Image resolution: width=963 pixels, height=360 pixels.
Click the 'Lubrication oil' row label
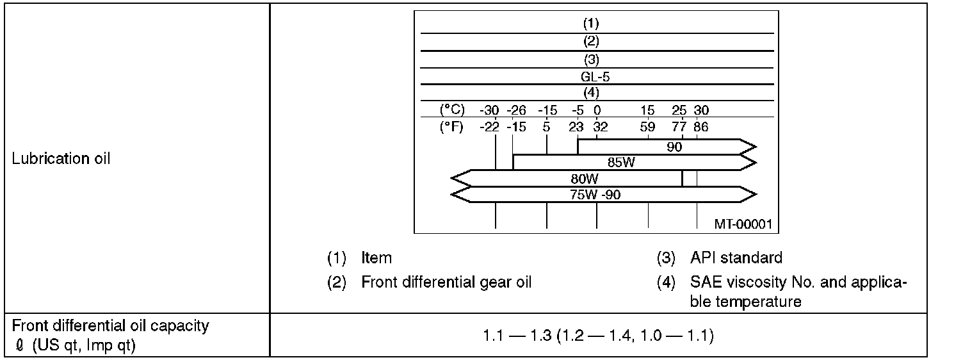coord(61,159)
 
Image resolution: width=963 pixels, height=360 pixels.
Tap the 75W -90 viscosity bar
coord(595,195)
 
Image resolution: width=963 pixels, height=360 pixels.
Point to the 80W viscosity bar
coord(584,179)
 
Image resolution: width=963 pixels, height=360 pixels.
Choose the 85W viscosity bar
coord(621,162)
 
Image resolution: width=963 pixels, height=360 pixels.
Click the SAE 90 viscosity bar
coord(674,146)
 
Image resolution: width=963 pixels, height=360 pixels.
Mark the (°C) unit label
coord(452,110)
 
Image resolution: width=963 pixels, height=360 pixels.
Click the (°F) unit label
coord(452,127)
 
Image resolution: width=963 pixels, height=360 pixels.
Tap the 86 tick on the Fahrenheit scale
coord(700,127)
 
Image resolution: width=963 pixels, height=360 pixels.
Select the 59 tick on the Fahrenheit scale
coord(647,127)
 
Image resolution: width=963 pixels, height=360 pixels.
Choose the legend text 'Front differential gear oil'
coord(446,282)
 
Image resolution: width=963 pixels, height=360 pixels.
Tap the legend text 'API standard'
coord(736,258)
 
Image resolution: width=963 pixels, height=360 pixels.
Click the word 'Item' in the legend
coord(376,258)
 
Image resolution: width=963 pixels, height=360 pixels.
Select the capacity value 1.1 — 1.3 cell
coord(598,335)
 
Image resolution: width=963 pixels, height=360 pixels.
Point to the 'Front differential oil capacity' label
coord(110,325)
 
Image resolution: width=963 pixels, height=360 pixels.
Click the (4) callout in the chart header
coord(590,92)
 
